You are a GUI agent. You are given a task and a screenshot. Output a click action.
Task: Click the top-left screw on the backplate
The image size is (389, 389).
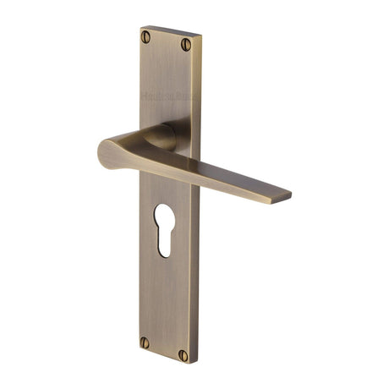pos(146,36)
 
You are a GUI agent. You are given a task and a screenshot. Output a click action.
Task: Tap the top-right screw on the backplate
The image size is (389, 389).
pos(185,44)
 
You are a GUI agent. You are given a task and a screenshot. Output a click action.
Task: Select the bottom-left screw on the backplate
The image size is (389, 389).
pos(145,343)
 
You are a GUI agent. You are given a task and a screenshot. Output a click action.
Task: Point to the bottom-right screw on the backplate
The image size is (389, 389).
pos(183,356)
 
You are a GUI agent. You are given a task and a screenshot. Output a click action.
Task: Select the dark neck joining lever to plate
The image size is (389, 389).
pos(162,135)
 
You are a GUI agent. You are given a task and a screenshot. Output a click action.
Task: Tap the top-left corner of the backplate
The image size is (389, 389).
pos(140,28)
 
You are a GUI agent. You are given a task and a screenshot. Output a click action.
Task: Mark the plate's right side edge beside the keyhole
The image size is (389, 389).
pos(197,228)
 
